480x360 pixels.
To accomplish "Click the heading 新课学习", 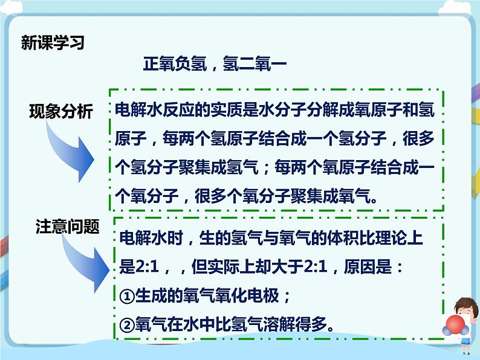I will [53, 43].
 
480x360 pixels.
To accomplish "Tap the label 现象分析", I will [61, 112].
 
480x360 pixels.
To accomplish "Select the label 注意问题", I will [66, 227].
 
